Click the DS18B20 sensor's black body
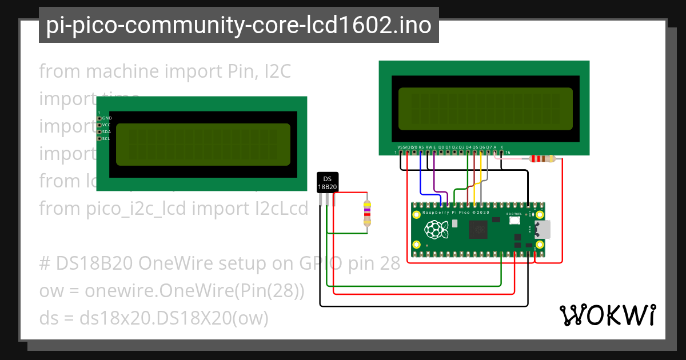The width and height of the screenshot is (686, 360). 328,182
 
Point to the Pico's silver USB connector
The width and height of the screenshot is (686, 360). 543,229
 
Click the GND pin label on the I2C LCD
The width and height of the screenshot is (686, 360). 107,118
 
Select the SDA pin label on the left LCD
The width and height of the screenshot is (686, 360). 106,132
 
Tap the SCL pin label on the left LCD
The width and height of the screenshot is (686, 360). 106,139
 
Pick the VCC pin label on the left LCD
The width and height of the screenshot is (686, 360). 106,125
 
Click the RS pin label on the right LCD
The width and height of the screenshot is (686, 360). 421,147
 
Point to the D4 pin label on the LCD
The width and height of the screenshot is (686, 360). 468,147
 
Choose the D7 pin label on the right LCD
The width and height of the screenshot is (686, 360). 488,147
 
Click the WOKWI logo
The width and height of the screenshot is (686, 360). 607,315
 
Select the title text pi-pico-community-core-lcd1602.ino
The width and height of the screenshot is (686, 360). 238,25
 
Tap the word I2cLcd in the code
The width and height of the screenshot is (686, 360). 281,209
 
